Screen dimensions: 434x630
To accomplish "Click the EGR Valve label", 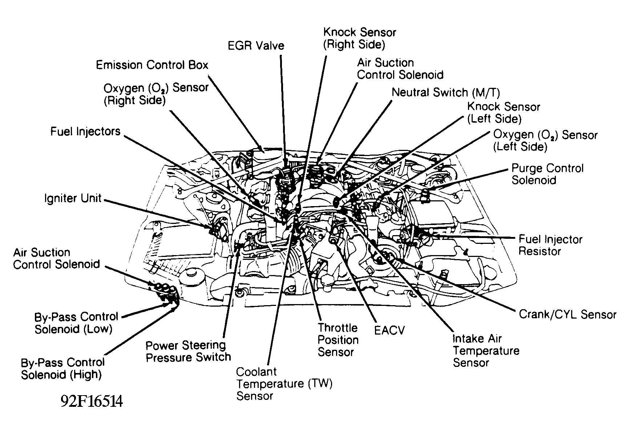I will point(256,46).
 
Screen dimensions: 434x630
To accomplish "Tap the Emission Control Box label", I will point(152,65).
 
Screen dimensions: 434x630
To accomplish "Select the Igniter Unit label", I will point(73,198).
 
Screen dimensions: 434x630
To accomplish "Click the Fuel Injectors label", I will point(85,131).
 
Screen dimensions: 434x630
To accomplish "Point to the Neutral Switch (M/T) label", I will point(445,93).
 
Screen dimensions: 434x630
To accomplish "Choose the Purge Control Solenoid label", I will point(547,174).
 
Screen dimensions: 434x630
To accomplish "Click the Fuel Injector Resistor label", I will point(550,245).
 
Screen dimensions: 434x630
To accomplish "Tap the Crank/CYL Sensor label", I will point(568,314).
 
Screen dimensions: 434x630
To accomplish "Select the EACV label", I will point(389,330).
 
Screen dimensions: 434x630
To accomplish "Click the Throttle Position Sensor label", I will point(338,340).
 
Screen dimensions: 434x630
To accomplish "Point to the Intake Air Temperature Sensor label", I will point(486,351).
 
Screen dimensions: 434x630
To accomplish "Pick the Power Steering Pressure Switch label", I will point(188,351).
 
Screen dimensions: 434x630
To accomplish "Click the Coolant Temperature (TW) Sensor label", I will point(284,384).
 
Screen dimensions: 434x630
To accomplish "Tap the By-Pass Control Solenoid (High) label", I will point(62,368).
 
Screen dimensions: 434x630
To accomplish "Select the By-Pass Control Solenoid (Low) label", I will point(76,323).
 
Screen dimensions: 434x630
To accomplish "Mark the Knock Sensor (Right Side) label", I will point(359,38).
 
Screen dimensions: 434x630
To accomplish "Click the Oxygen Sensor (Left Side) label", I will point(545,141).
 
